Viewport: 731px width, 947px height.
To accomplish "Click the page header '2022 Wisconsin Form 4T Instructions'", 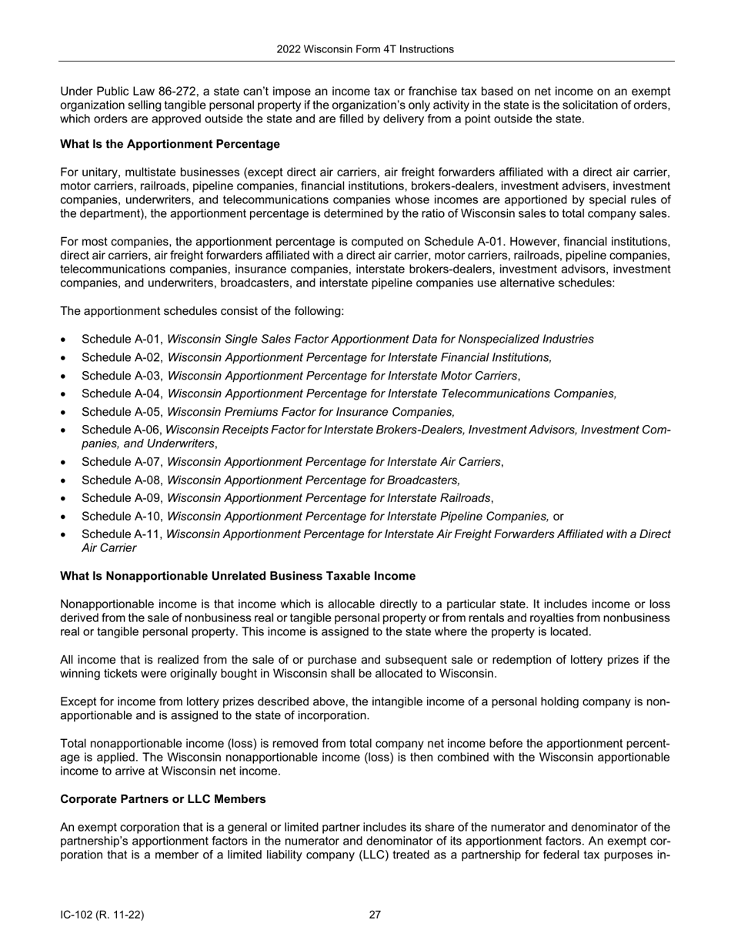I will click(365, 49).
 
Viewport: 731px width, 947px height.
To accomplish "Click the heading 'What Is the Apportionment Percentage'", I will click(170, 144).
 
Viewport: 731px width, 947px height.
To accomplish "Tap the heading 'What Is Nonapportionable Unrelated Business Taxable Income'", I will click(238, 576).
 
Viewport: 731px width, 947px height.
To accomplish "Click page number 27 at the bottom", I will click(375, 915).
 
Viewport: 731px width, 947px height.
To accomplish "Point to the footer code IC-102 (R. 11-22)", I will click(102, 915).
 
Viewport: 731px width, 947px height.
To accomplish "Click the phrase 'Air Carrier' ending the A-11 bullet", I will click(108, 548).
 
